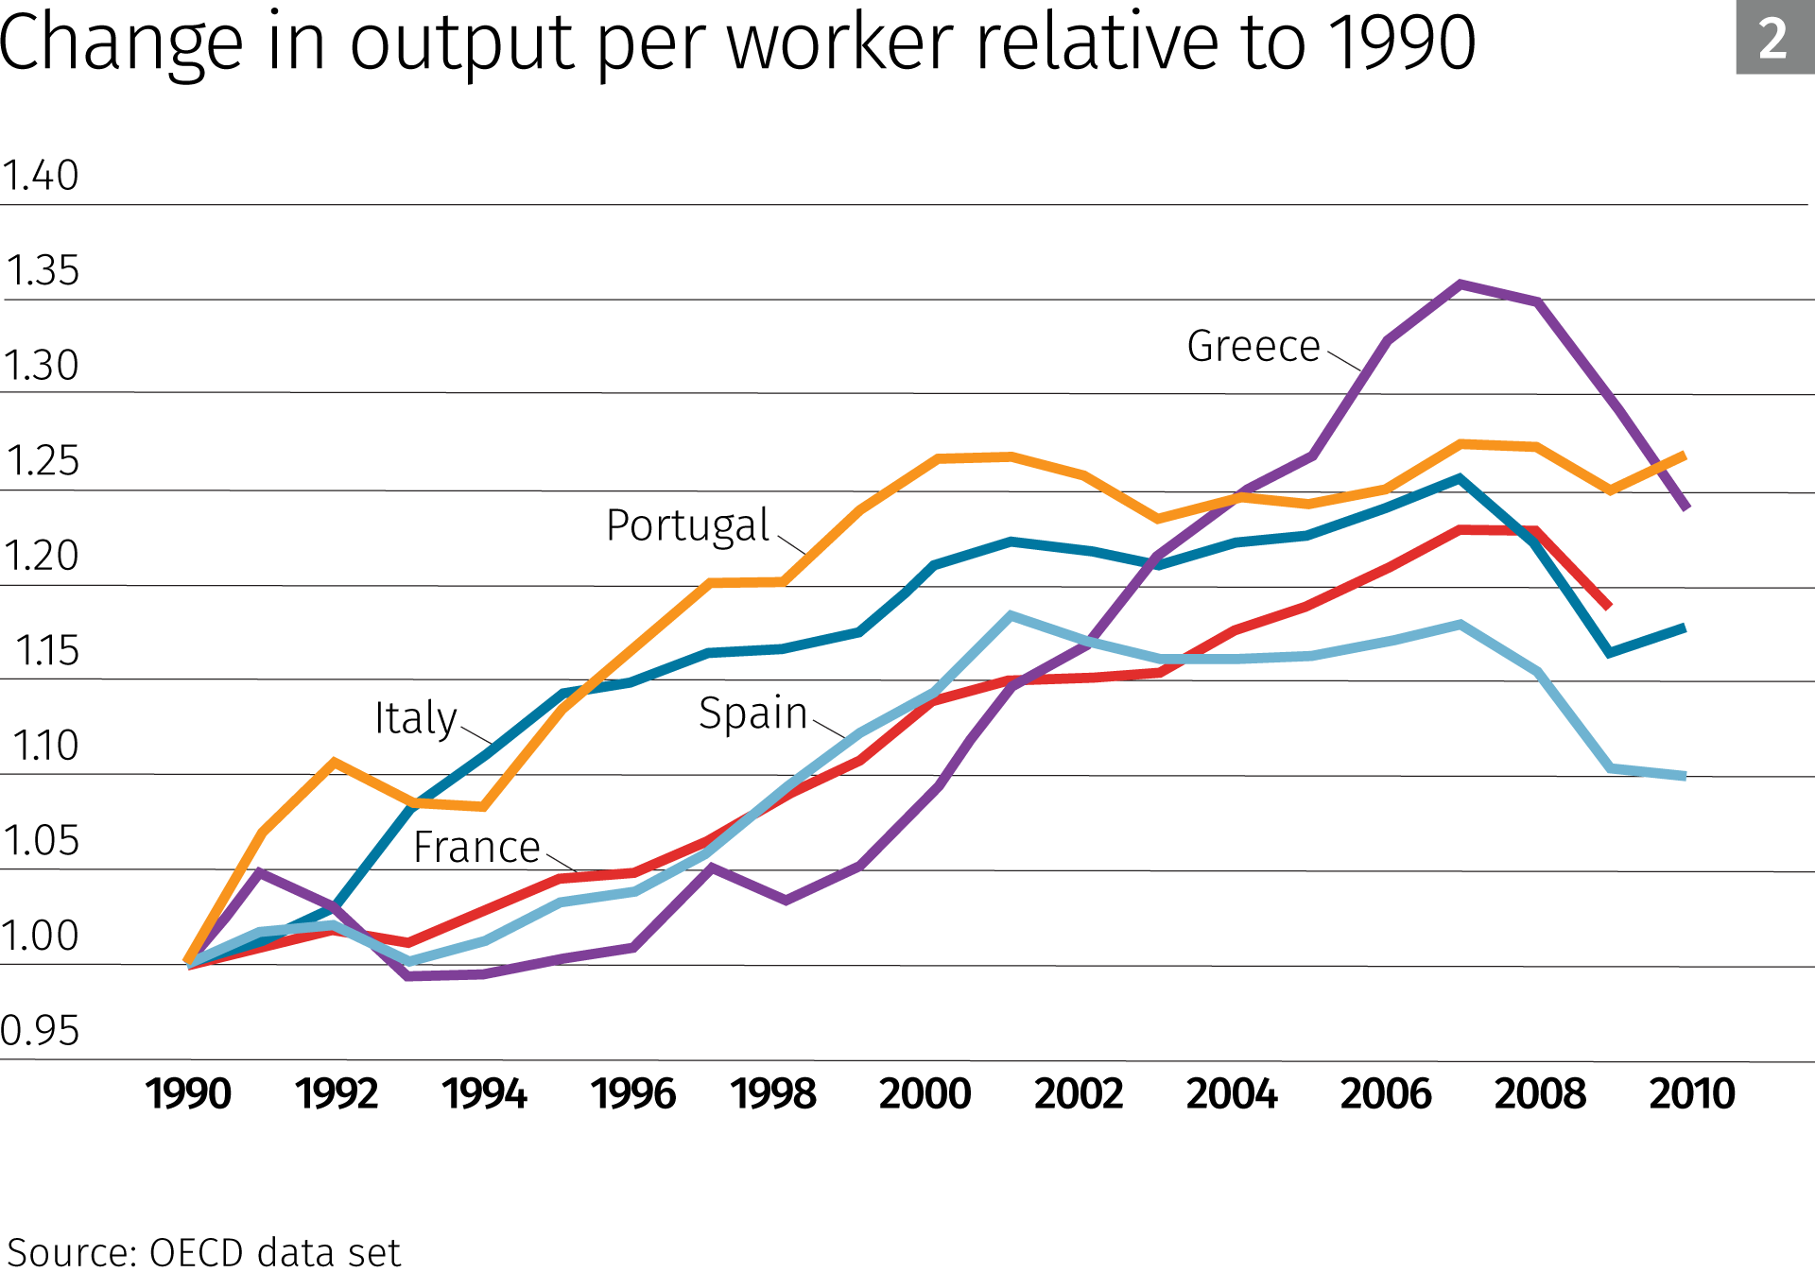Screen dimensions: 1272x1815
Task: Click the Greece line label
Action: (x=1253, y=346)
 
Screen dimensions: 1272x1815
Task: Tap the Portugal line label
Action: (x=687, y=525)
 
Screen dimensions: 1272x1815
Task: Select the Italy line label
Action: (x=415, y=718)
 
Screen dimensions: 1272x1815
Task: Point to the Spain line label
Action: (x=752, y=713)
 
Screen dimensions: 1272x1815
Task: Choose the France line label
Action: (x=476, y=847)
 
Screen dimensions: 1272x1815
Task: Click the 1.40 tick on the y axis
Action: (x=41, y=176)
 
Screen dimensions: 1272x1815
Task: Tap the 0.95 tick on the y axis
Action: (x=41, y=1030)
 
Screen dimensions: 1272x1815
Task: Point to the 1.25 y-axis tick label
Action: (x=43, y=461)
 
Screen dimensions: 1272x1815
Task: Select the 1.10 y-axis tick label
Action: (x=44, y=746)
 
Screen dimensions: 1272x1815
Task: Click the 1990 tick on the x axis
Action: (x=187, y=1094)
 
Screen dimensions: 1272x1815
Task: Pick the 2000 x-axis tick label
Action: (x=925, y=1094)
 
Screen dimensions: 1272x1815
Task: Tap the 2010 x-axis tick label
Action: (x=1691, y=1094)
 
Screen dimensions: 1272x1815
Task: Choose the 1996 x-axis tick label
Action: (x=632, y=1094)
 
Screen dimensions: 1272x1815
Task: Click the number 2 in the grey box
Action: (x=1772, y=39)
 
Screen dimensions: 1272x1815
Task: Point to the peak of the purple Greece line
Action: (x=1461, y=284)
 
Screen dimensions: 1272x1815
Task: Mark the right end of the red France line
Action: (x=1609, y=606)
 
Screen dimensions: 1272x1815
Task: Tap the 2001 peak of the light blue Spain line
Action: (x=1011, y=615)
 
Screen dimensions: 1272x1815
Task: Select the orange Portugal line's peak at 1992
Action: (x=335, y=762)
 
